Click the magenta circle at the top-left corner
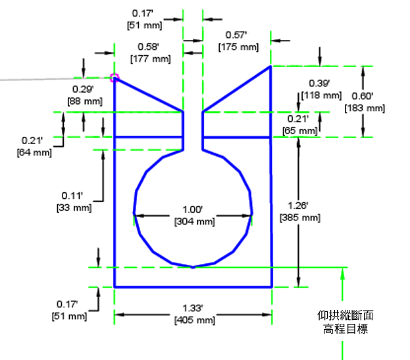coord(115,78)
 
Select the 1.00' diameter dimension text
coord(193,210)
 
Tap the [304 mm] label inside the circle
coord(193,221)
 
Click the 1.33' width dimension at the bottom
coord(193,308)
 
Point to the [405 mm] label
coord(193,320)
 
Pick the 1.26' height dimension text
coord(299,205)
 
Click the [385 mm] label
coord(299,217)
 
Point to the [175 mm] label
coord(238,47)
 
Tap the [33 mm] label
coord(76,207)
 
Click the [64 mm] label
coord(33,153)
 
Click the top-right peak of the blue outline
coord(270,66)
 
